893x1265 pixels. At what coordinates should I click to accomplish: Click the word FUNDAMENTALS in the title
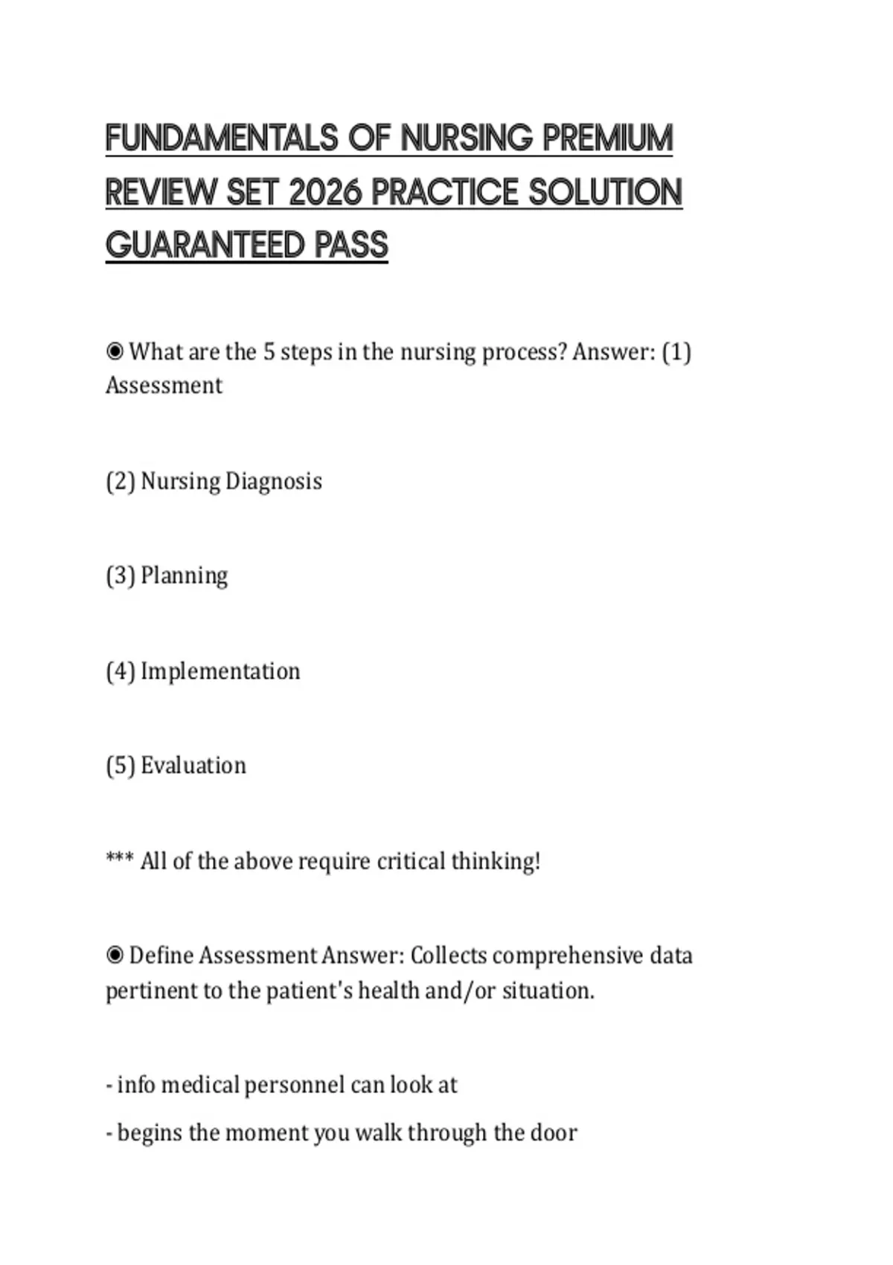pyautogui.click(x=222, y=138)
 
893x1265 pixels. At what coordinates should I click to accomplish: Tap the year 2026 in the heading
pyautogui.click(x=325, y=192)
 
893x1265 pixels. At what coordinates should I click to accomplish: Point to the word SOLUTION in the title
pyautogui.click(x=605, y=192)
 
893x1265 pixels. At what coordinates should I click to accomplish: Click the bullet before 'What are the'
pyautogui.click(x=115, y=350)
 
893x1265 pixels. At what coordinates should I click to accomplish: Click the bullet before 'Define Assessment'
pyautogui.click(x=115, y=955)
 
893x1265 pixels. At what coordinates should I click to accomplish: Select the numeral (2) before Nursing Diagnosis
pyautogui.click(x=120, y=481)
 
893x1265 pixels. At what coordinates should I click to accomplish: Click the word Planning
pyautogui.click(x=184, y=576)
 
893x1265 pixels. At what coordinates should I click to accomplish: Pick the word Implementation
pyautogui.click(x=220, y=671)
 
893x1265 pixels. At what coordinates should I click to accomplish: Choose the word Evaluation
pyautogui.click(x=193, y=766)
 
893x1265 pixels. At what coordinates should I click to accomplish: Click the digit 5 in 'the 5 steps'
pyautogui.click(x=269, y=351)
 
